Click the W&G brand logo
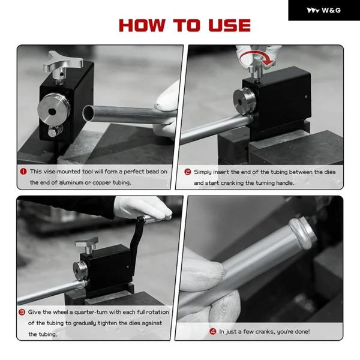(324, 10)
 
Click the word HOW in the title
(142, 25)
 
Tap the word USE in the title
(229, 25)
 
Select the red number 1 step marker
(23, 172)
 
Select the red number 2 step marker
(188, 172)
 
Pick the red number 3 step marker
(22, 312)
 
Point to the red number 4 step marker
(213, 332)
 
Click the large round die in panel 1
(53, 110)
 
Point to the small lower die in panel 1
(55, 131)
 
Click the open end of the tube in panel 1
(88, 113)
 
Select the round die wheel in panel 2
(244, 98)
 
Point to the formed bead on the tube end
(302, 232)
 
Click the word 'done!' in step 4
(302, 332)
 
